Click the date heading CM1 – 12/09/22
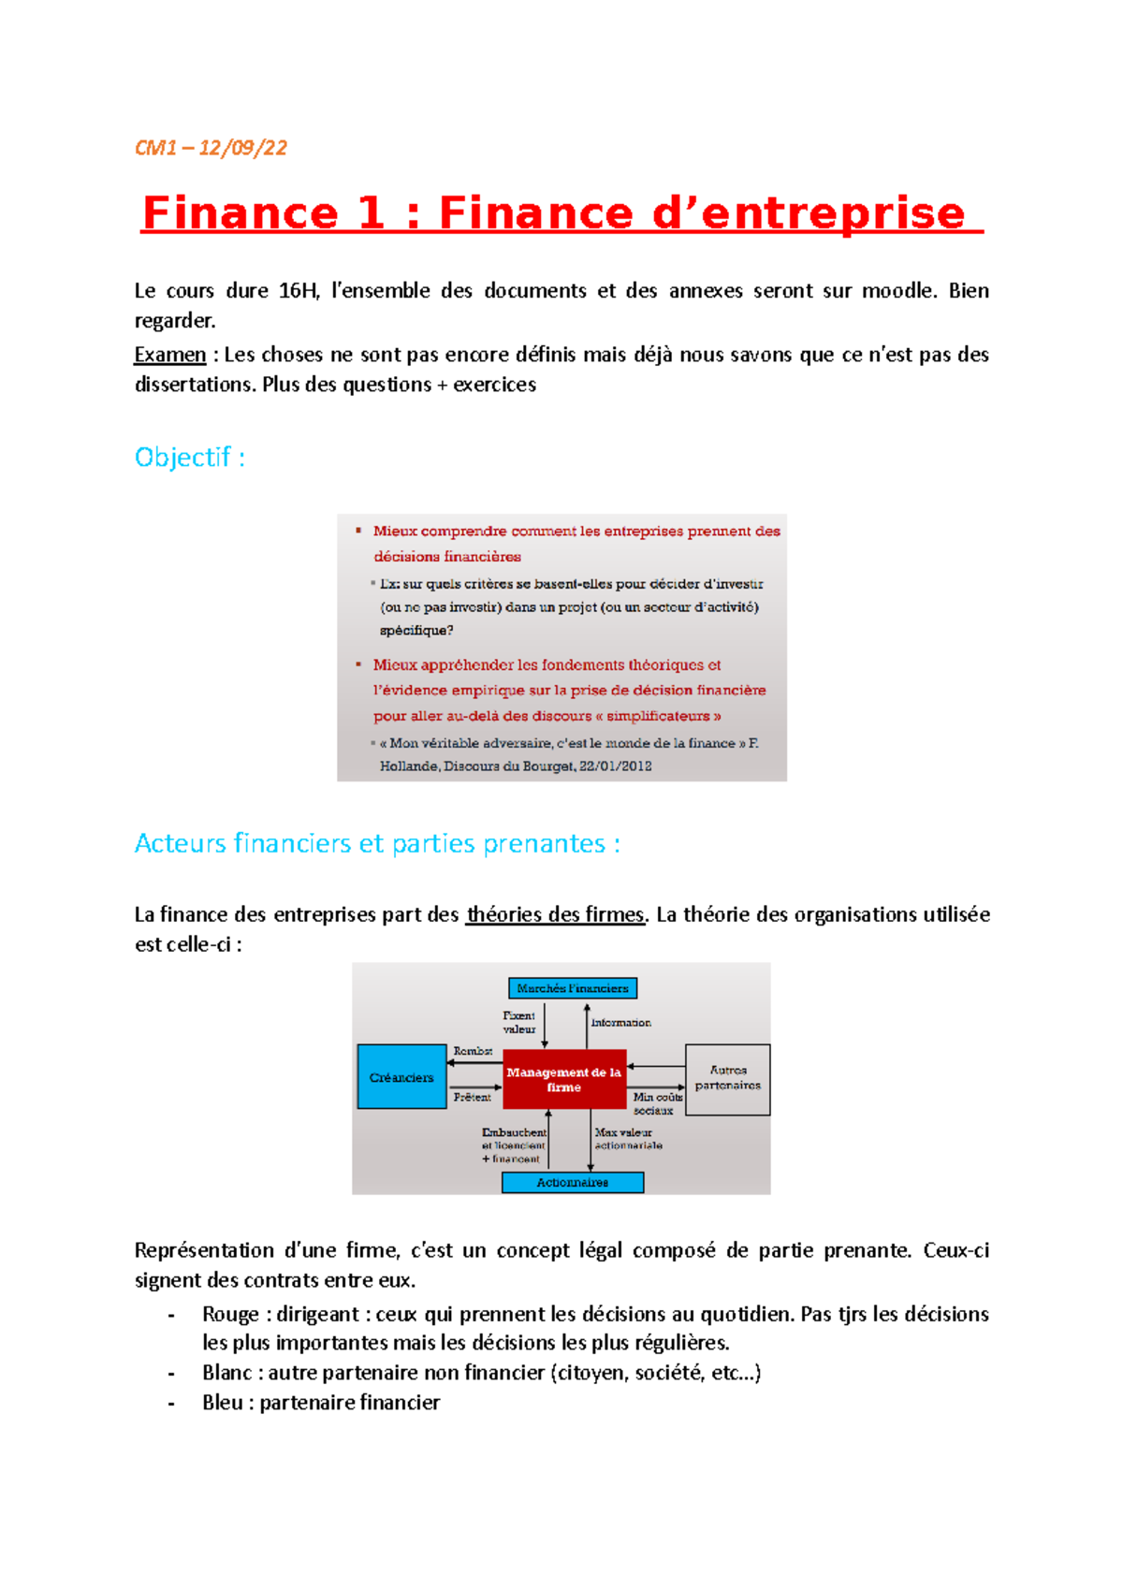tap(211, 148)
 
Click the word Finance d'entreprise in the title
tap(701, 213)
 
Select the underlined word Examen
tap(169, 355)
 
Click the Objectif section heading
tap(189, 458)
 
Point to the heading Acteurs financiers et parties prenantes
tap(376, 844)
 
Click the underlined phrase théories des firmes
tap(555, 915)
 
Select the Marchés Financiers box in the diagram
tap(572, 988)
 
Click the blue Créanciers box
tap(401, 1077)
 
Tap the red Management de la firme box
tap(563, 1080)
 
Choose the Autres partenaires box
tap(727, 1078)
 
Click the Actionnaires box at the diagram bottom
tap(572, 1183)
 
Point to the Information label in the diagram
tap(620, 1023)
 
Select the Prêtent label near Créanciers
tap(472, 1097)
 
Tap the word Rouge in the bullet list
tap(229, 1315)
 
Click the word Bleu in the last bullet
tap(222, 1403)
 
